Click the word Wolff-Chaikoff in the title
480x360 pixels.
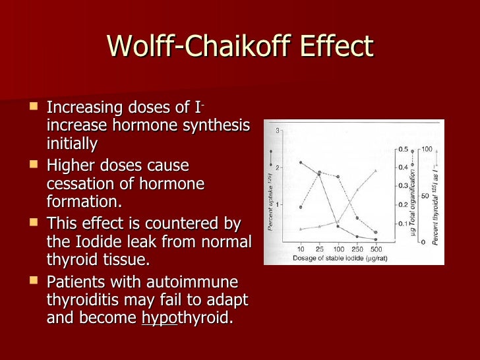(198, 47)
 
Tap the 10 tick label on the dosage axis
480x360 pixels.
(301, 249)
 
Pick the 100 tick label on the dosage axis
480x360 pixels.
(338, 249)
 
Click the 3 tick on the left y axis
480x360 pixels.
(278, 131)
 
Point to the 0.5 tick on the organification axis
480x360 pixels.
(402, 150)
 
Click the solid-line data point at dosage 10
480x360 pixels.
(301, 162)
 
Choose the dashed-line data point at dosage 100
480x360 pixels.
(338, 177)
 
